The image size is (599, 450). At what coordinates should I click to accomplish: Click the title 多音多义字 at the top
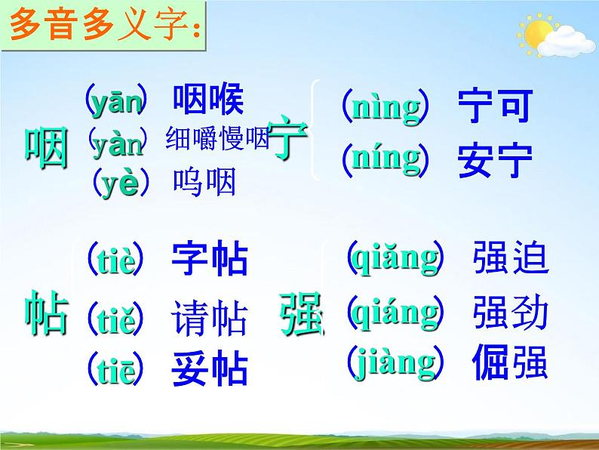click(x=105, y=31)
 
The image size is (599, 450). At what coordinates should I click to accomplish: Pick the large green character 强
click(x=301, y=312)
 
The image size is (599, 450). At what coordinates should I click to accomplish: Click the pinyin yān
click(x=115, y=102)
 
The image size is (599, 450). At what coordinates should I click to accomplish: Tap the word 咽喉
click(x=208, y=101)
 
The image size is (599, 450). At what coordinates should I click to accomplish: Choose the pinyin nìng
click(x=386, y=108)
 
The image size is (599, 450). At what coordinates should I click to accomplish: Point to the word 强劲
click(x=511, y=313)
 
